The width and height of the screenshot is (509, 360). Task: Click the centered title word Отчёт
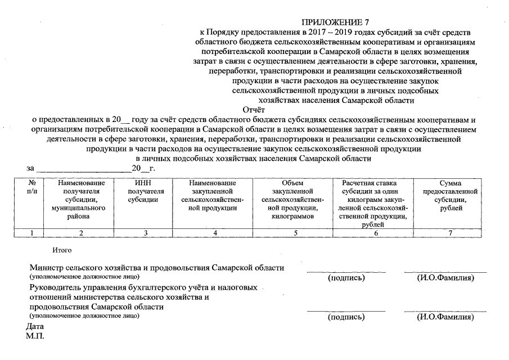(254, 110)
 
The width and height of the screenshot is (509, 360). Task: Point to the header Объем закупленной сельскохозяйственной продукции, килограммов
(293, 200)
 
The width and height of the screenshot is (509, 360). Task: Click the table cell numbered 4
(213, 232)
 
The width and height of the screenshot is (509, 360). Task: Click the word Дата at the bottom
(35, 326)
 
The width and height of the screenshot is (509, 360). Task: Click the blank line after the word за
(83, 168)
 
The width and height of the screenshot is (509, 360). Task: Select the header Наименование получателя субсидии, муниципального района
(81, 200)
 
